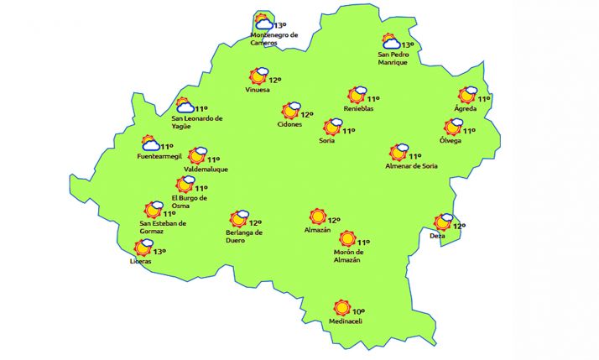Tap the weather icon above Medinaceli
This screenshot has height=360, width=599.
coord(341,308)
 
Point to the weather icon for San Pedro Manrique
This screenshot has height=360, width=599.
coord(391,41)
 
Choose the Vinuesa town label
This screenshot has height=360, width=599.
coord(258,90)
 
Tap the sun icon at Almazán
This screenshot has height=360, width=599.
coord(317,217)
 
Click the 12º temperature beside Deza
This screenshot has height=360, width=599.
coord(459,226)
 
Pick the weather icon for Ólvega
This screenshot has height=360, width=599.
coord(454,127)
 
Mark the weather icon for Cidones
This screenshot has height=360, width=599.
coord(290,111)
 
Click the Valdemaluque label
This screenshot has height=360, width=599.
coord(206,170)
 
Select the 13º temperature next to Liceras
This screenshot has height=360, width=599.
coord(159,251)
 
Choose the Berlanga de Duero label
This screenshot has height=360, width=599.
coord(245,237)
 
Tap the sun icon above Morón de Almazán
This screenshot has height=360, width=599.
coord(346,238)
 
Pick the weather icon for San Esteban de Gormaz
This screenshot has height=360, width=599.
coord(153,210)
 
